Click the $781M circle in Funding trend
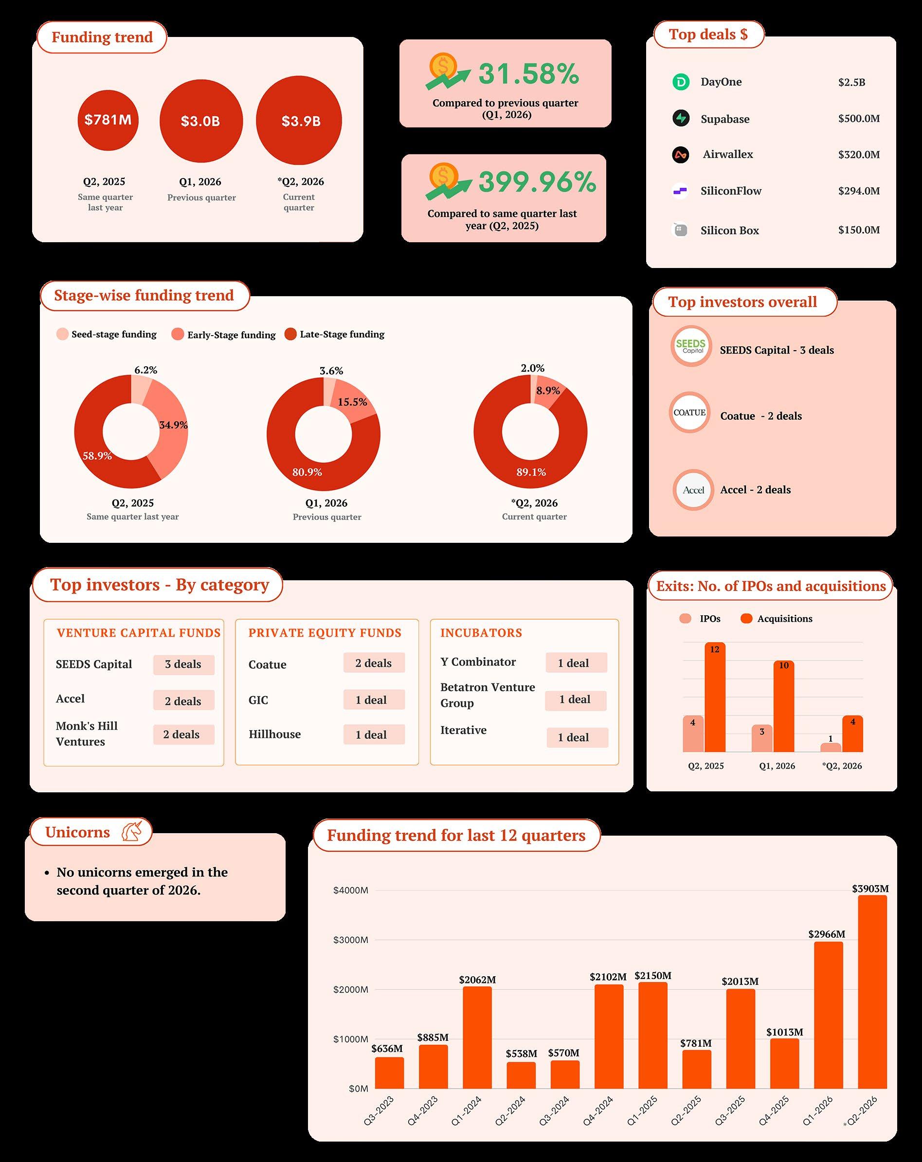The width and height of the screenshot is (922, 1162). [x=108, y=120]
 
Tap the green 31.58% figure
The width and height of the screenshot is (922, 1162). [x=528, y=74]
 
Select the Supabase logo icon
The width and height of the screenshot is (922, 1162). [x=681, y=118]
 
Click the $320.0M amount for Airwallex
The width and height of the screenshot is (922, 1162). [x=859, y=155]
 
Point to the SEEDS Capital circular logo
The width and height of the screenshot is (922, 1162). [x=691, y=346]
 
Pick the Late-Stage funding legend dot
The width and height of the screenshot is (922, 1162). [x=290, y=334]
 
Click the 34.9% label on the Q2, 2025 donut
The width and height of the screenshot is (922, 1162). [x=174, y=425]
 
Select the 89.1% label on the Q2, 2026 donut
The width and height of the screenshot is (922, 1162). [x=531, y=472]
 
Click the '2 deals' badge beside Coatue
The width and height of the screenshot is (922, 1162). [x=374, y=663]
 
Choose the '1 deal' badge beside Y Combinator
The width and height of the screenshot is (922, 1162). [x=576, y=663]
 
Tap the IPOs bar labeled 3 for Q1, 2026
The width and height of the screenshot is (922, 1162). [x=762, y=738]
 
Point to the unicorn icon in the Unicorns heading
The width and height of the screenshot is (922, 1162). [x=131, y=832]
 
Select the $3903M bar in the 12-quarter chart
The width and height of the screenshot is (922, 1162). [x=872, y=992]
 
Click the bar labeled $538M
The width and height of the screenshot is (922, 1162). [x=521, y=1076]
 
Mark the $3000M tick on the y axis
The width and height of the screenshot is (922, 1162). [x=350, y=940]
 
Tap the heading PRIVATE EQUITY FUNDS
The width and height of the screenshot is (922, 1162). [x=325, y=633]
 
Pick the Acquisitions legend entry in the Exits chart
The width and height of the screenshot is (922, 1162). [x=777, y=619]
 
